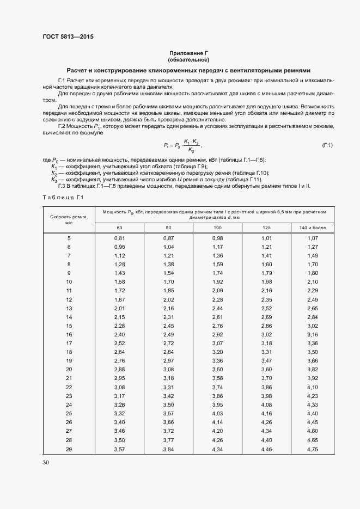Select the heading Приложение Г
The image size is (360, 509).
(x=188, y=53)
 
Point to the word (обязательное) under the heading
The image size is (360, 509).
(x=188, y=59)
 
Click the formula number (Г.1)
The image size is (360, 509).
(x=327, y=145)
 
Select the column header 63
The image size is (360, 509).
(x=119, y=227)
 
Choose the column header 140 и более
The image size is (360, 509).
(x=313, y=227)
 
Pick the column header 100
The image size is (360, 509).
(x=217, y=227)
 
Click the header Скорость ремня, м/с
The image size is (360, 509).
(x=69, y=219)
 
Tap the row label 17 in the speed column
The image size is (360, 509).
(x=69, y=343)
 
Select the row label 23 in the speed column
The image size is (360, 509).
(x=69, y=405)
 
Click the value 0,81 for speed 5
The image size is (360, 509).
(x=120, y=238)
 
